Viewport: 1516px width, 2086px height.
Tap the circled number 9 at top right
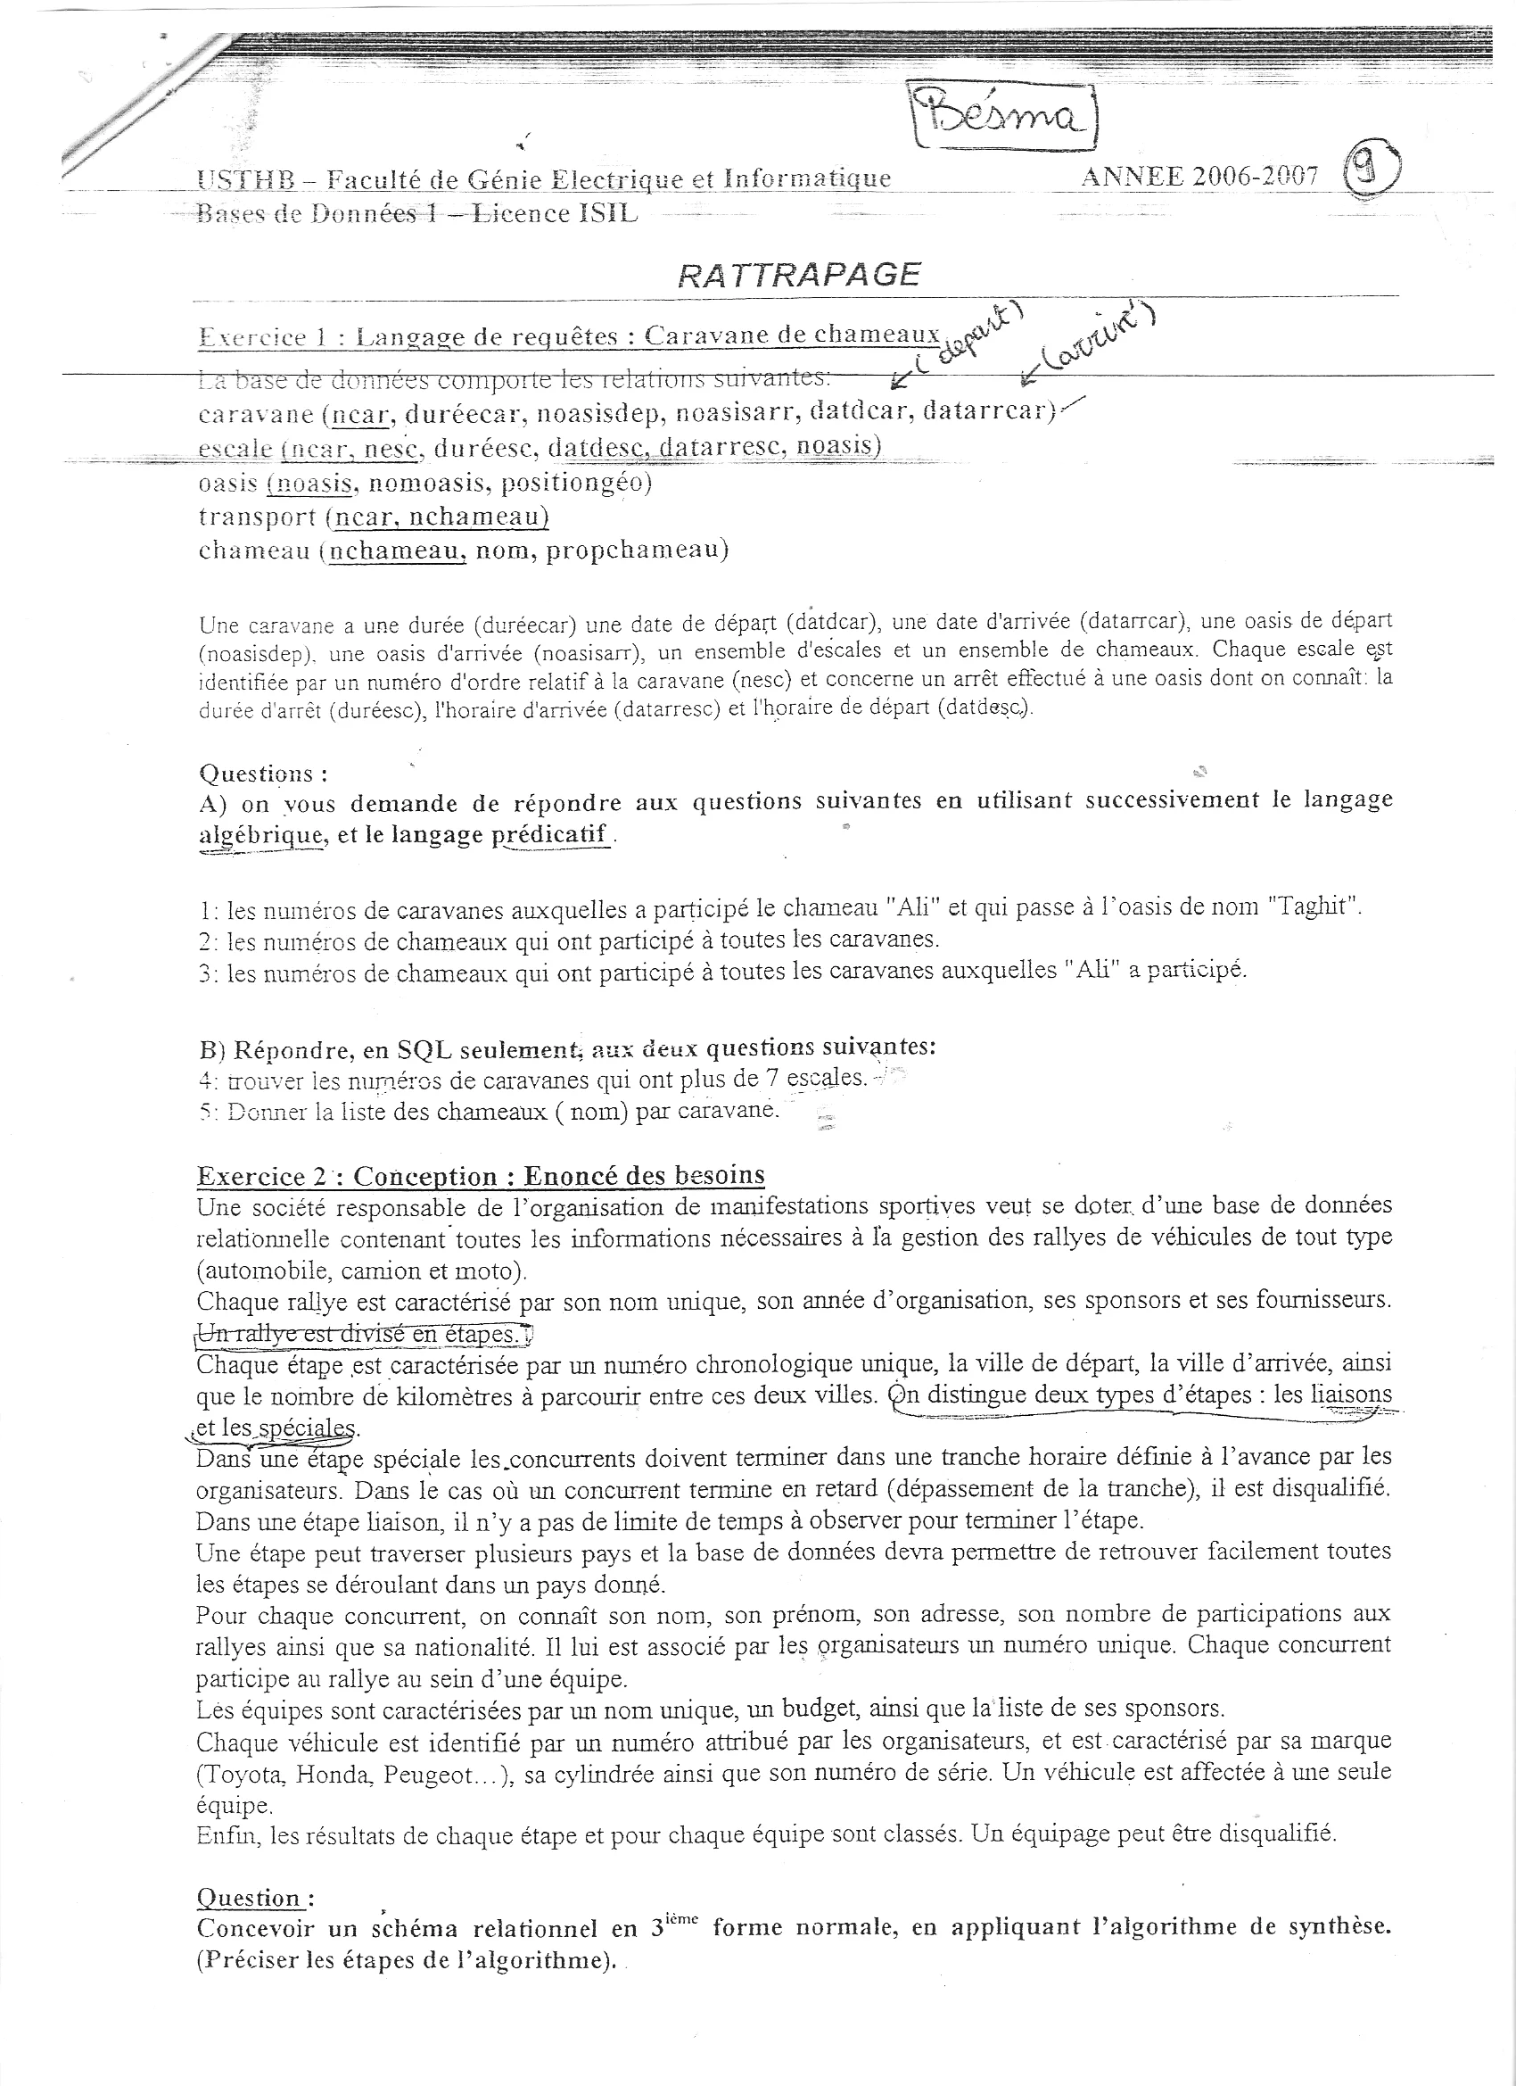point(1372,172)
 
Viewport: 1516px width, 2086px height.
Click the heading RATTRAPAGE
point(798,274)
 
